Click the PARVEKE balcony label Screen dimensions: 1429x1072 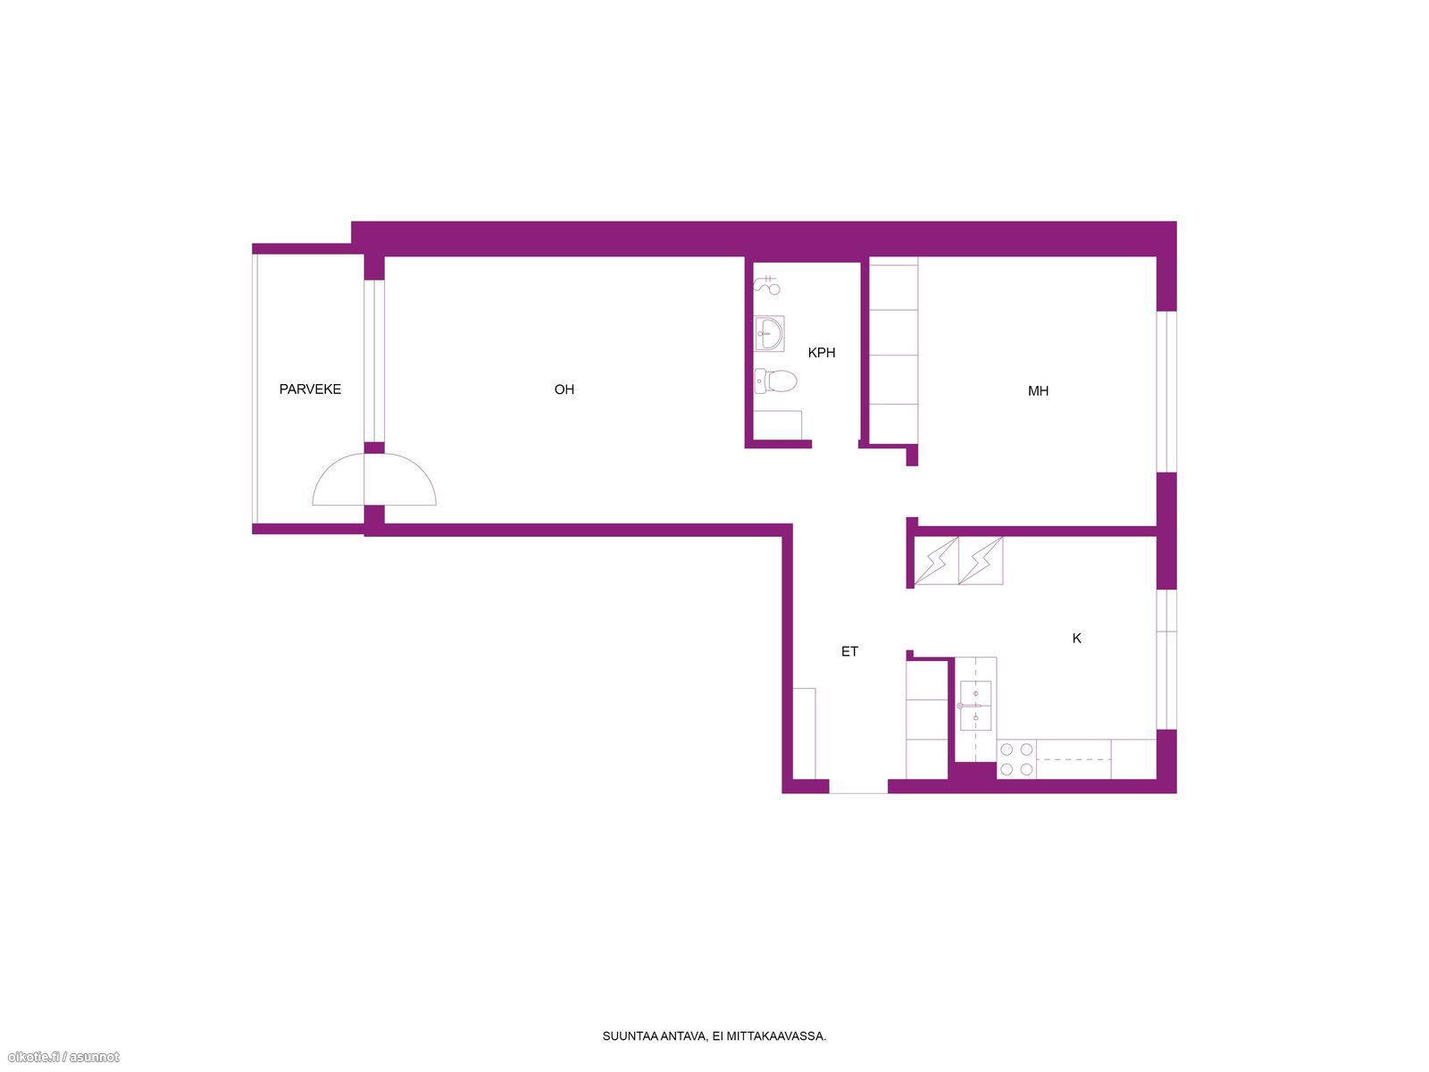click(x=310, y=389)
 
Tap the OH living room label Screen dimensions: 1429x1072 click(x=564, y=389)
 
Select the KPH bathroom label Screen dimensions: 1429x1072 click(x=821, y=353)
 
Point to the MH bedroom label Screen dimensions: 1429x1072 click(x=1038, y=391)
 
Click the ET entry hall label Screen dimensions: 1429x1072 click(x=849, y=651)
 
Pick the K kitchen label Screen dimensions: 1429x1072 click(x=1076, y=639)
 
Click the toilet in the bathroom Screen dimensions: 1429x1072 click(x=775, y=381)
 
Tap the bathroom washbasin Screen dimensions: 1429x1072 click(x=769, y=333)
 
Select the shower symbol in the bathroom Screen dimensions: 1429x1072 click(x=767, y=286)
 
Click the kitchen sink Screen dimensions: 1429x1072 click(x=975, y=706)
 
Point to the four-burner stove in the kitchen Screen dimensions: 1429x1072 click(x=1016, y=759)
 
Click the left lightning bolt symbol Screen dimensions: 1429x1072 click(x=936, y=560)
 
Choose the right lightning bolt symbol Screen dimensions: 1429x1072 click(x=981, y=560)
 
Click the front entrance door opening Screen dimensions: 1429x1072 click(x=857, y=786)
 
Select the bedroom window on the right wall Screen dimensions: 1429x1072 click(x=1166, y=391)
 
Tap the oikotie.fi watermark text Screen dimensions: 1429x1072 click(x=61, y=1058)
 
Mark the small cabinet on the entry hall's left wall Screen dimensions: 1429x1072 click(x=804, y=733)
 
